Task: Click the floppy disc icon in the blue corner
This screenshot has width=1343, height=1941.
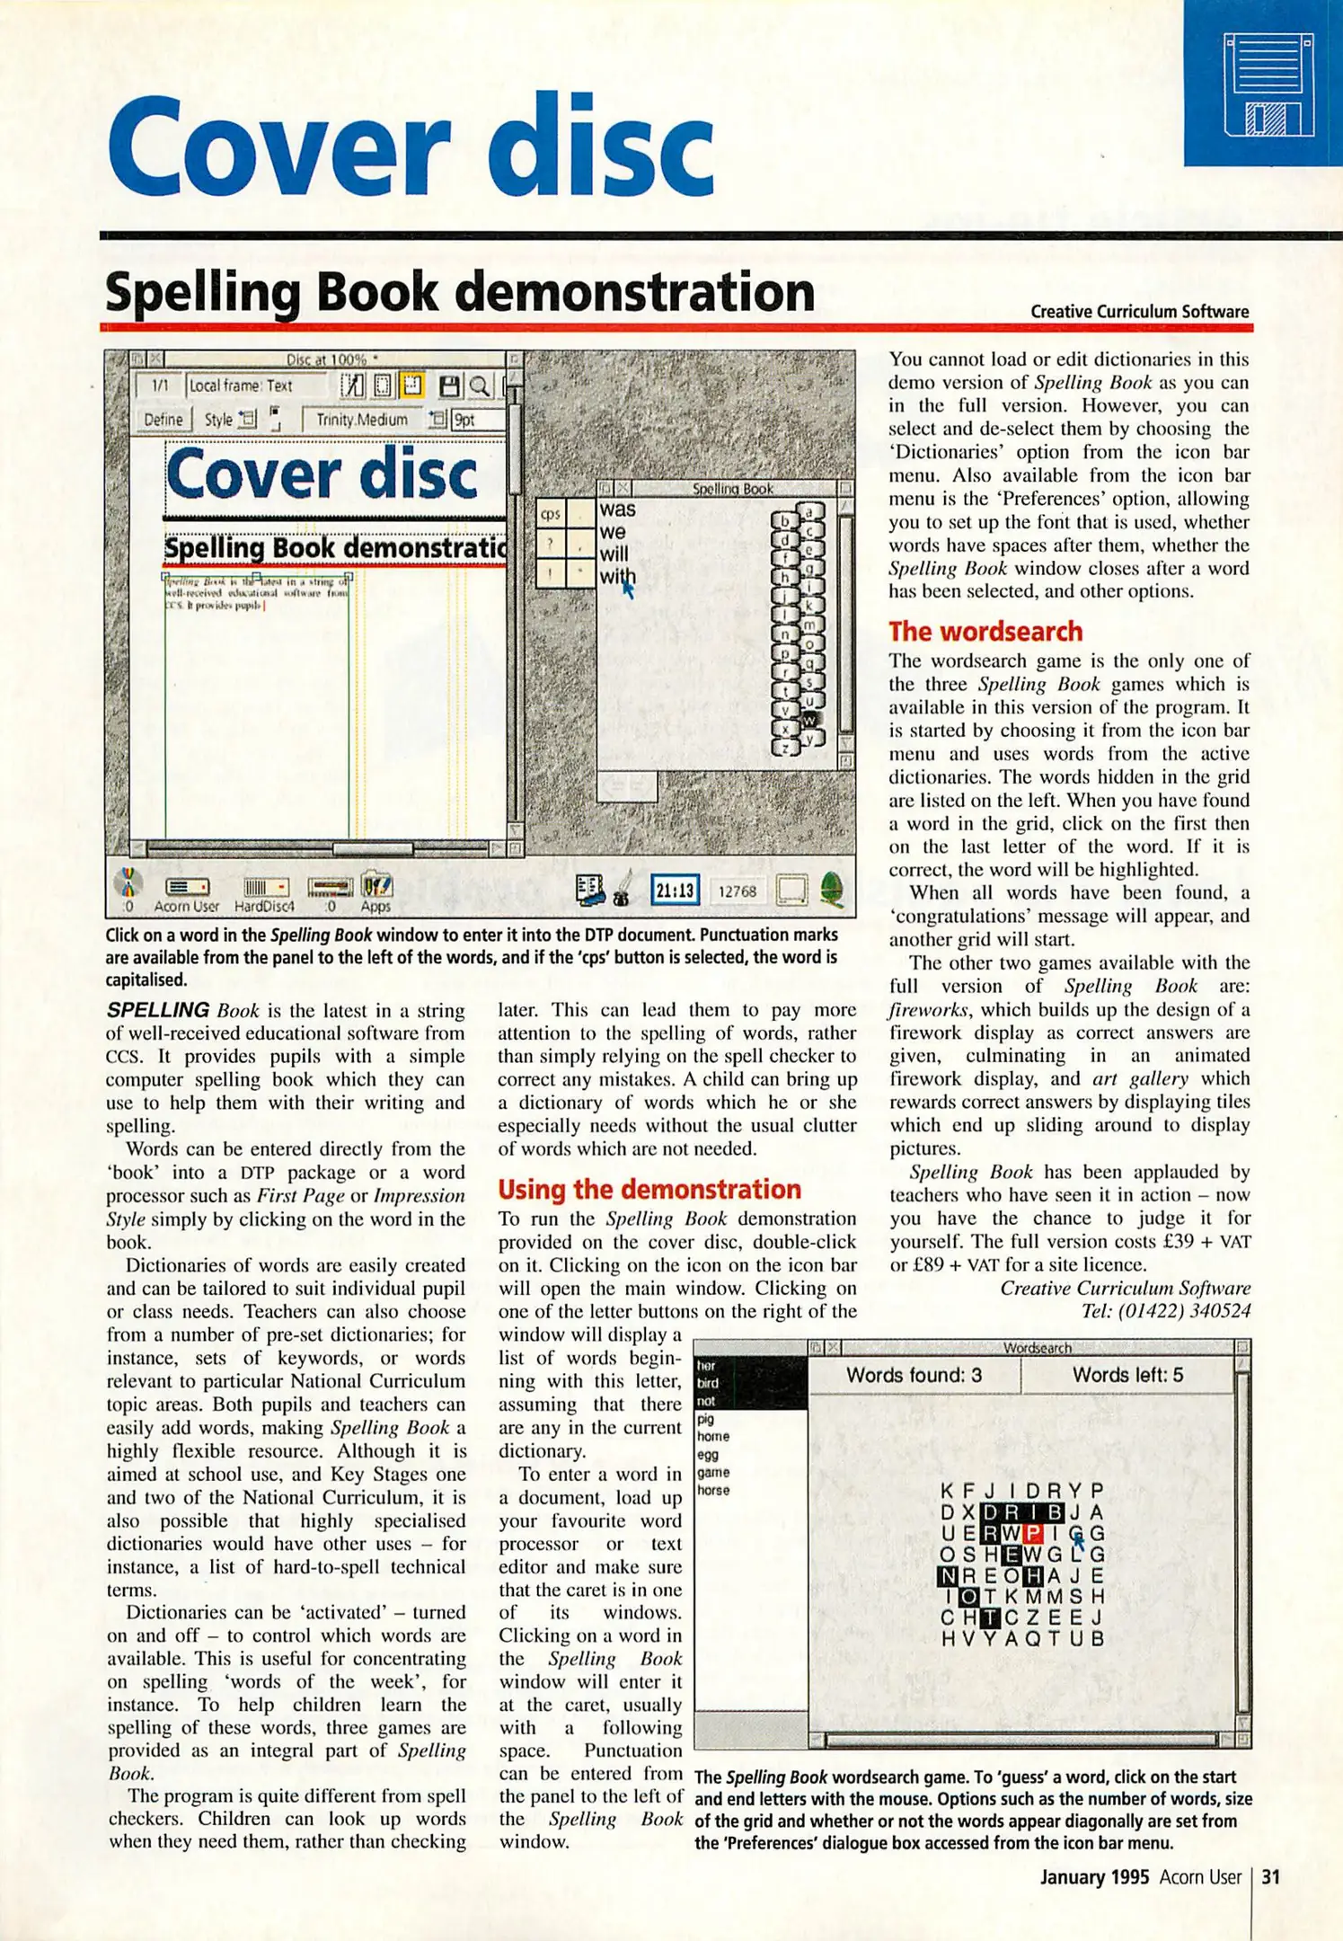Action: pyautogui.click(x=1268, y=85)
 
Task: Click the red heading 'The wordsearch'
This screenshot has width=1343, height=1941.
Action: pyautogui.click(x=985, y=632)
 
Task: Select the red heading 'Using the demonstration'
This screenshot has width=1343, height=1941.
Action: pyautogui.click(x=649, y=1190)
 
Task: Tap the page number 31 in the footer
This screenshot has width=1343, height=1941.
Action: pyautogui.click(x=1271, y=1877)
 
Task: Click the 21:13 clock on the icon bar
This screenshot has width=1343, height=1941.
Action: pyautogui.click(x=675, y=891)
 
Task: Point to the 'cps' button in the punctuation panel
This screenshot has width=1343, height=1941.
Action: pyautogui.click(x=551, y=514)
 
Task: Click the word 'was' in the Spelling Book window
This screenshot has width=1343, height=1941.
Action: pyautogui.click(x=618, y=510)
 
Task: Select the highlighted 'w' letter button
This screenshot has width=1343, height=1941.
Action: pyautogui.click(x=809, y=720)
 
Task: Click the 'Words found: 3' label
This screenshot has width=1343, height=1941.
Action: pyautogui.click(x=914, y=1376)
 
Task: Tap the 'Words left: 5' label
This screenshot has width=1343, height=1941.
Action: pyautogui.click(x=1127, y=1376)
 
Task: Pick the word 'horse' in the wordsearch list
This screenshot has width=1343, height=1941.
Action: pyautogui.click(x=714, y=1490)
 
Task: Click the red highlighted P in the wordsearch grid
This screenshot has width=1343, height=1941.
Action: pyautogui.click(x=1033, y=1533)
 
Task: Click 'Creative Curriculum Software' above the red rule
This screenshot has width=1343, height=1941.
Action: pyautogui.click(x=1139, y=312)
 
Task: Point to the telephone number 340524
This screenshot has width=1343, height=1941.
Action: pyautogui.click(x=1219, y=1311)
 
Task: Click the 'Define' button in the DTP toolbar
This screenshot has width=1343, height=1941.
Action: pyautogui.click(x=163, y=420)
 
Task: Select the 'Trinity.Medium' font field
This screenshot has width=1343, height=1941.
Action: pyautogui.click(x=362, y=420)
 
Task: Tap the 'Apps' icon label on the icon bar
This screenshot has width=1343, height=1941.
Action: pyautogui.click(x=376, y=906)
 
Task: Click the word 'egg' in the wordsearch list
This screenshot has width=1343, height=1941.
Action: pyautogui.click(x=708, y=1454)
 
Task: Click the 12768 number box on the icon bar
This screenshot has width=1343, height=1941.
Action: pyautogui.click(x=737, y=891)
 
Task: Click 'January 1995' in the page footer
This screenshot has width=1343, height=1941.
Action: pyautogui.click(x=1094, y=1877)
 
